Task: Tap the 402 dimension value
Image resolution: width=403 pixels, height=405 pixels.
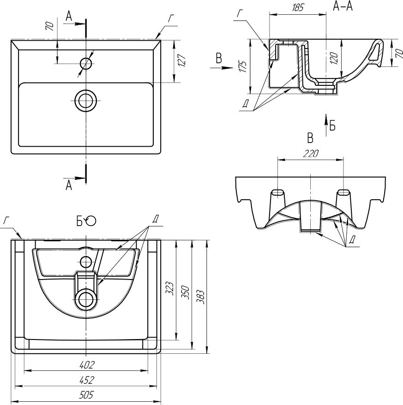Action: click(87, 365)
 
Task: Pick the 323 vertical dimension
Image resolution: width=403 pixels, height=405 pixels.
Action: click(171, 290)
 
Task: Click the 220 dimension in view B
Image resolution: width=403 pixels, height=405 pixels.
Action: click(310, 155)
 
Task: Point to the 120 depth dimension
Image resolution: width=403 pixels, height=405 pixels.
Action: click(334, 58)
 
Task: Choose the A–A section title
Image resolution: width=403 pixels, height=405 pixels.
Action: click(343, 6)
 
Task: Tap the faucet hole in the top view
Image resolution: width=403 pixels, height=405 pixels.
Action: click(86, 63)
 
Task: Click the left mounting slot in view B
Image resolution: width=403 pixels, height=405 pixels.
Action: click(277, 192)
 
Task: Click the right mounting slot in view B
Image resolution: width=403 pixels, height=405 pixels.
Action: click(343, 192)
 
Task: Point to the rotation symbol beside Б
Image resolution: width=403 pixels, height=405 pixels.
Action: click(91, 221)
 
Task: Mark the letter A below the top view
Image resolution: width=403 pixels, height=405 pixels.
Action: click(69, 185)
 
